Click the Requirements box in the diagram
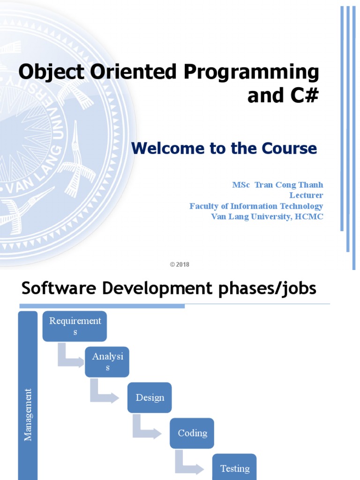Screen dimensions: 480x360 tap(75, 326)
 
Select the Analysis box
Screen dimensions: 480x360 tap(107, 362)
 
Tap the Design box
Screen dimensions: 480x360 tap(150, 397)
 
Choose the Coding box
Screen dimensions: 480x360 tap(192, 433)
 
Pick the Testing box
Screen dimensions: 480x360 tap(234, 467)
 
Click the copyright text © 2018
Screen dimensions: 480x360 tap(180, 265)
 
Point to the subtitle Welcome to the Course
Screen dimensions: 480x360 tap(224, 148)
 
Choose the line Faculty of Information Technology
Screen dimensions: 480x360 tap(256, 206)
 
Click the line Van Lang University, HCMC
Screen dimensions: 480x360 tap(267, 217)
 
